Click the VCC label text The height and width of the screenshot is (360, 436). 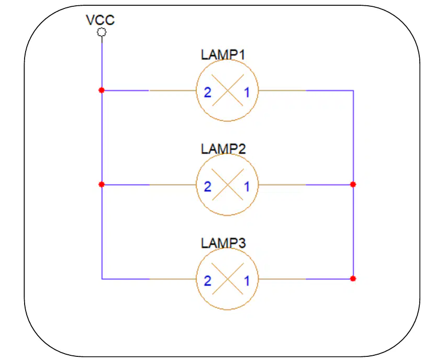point(100,20)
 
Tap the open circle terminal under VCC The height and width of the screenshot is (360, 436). point(102,32)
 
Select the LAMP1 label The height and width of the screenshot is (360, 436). point(223,55)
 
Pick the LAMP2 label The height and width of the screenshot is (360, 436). point(223,149)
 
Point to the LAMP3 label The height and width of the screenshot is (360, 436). point(223,243)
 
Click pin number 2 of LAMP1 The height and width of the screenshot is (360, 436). point(207,92)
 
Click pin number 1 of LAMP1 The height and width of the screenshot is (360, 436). point(247,92)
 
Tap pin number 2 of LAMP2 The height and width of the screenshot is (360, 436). point(207,186)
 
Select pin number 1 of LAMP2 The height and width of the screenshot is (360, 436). point(247,186)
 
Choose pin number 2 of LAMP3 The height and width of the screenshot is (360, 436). point(207,281)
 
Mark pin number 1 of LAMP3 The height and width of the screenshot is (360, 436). point(247,281)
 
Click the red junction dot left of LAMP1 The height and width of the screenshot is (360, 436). point(102,90)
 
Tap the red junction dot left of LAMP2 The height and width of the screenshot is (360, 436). point(102,184)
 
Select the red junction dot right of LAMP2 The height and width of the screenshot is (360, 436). point(353,184)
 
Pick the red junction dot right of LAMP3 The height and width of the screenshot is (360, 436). point(353,278)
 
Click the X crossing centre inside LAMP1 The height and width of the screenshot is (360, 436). point(228,91)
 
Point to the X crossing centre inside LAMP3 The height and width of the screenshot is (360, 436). point(228,279)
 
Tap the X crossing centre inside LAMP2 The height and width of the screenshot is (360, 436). point(228,185)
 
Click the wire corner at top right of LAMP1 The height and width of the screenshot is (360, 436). point(353,91)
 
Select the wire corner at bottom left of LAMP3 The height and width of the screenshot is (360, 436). point(102,279)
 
